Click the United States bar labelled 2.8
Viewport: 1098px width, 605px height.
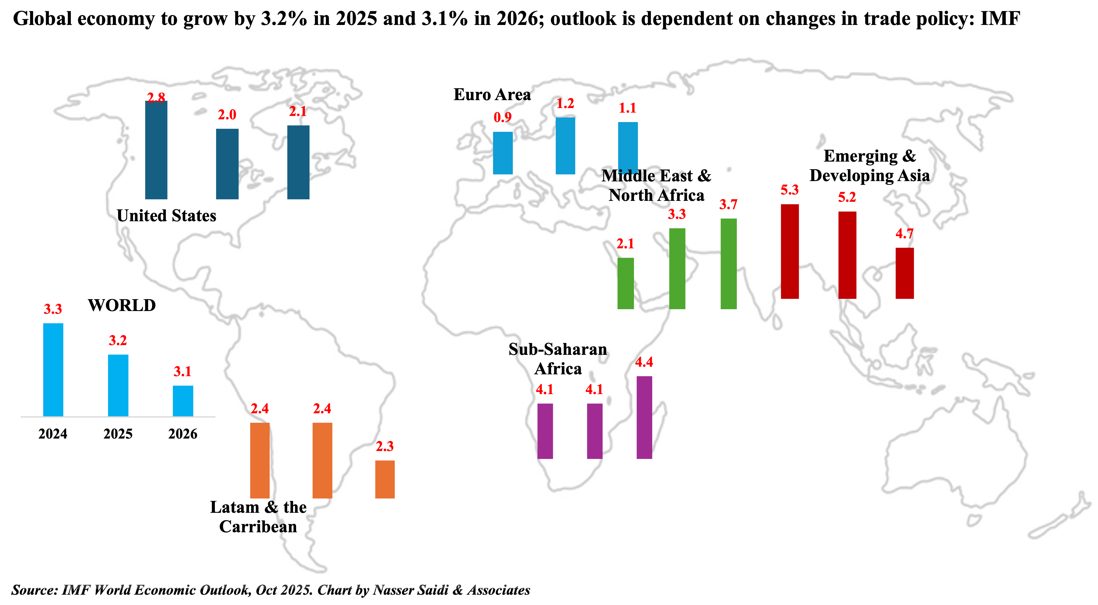pos(156,150)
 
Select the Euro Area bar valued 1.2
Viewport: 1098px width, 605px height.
pos(565,146)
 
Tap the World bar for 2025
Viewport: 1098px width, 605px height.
pos(118,385)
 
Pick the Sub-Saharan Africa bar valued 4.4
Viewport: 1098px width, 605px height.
pos(644,418)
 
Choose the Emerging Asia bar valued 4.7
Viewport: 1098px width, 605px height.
pos(904,273)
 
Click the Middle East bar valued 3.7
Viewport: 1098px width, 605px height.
pos(729,264)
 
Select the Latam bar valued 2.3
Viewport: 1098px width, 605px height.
pos(385,479)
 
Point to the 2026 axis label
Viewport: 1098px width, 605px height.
pos(183,434)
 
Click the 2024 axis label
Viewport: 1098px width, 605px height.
pos(53,434)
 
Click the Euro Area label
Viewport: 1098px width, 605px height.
pos(492,95)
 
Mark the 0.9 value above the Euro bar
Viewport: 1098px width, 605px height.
pos(502,117)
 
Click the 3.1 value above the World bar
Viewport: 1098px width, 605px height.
pos(182,371)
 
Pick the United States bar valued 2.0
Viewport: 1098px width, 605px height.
pos(227,164)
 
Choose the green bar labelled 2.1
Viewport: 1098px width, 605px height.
pos(625,284)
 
